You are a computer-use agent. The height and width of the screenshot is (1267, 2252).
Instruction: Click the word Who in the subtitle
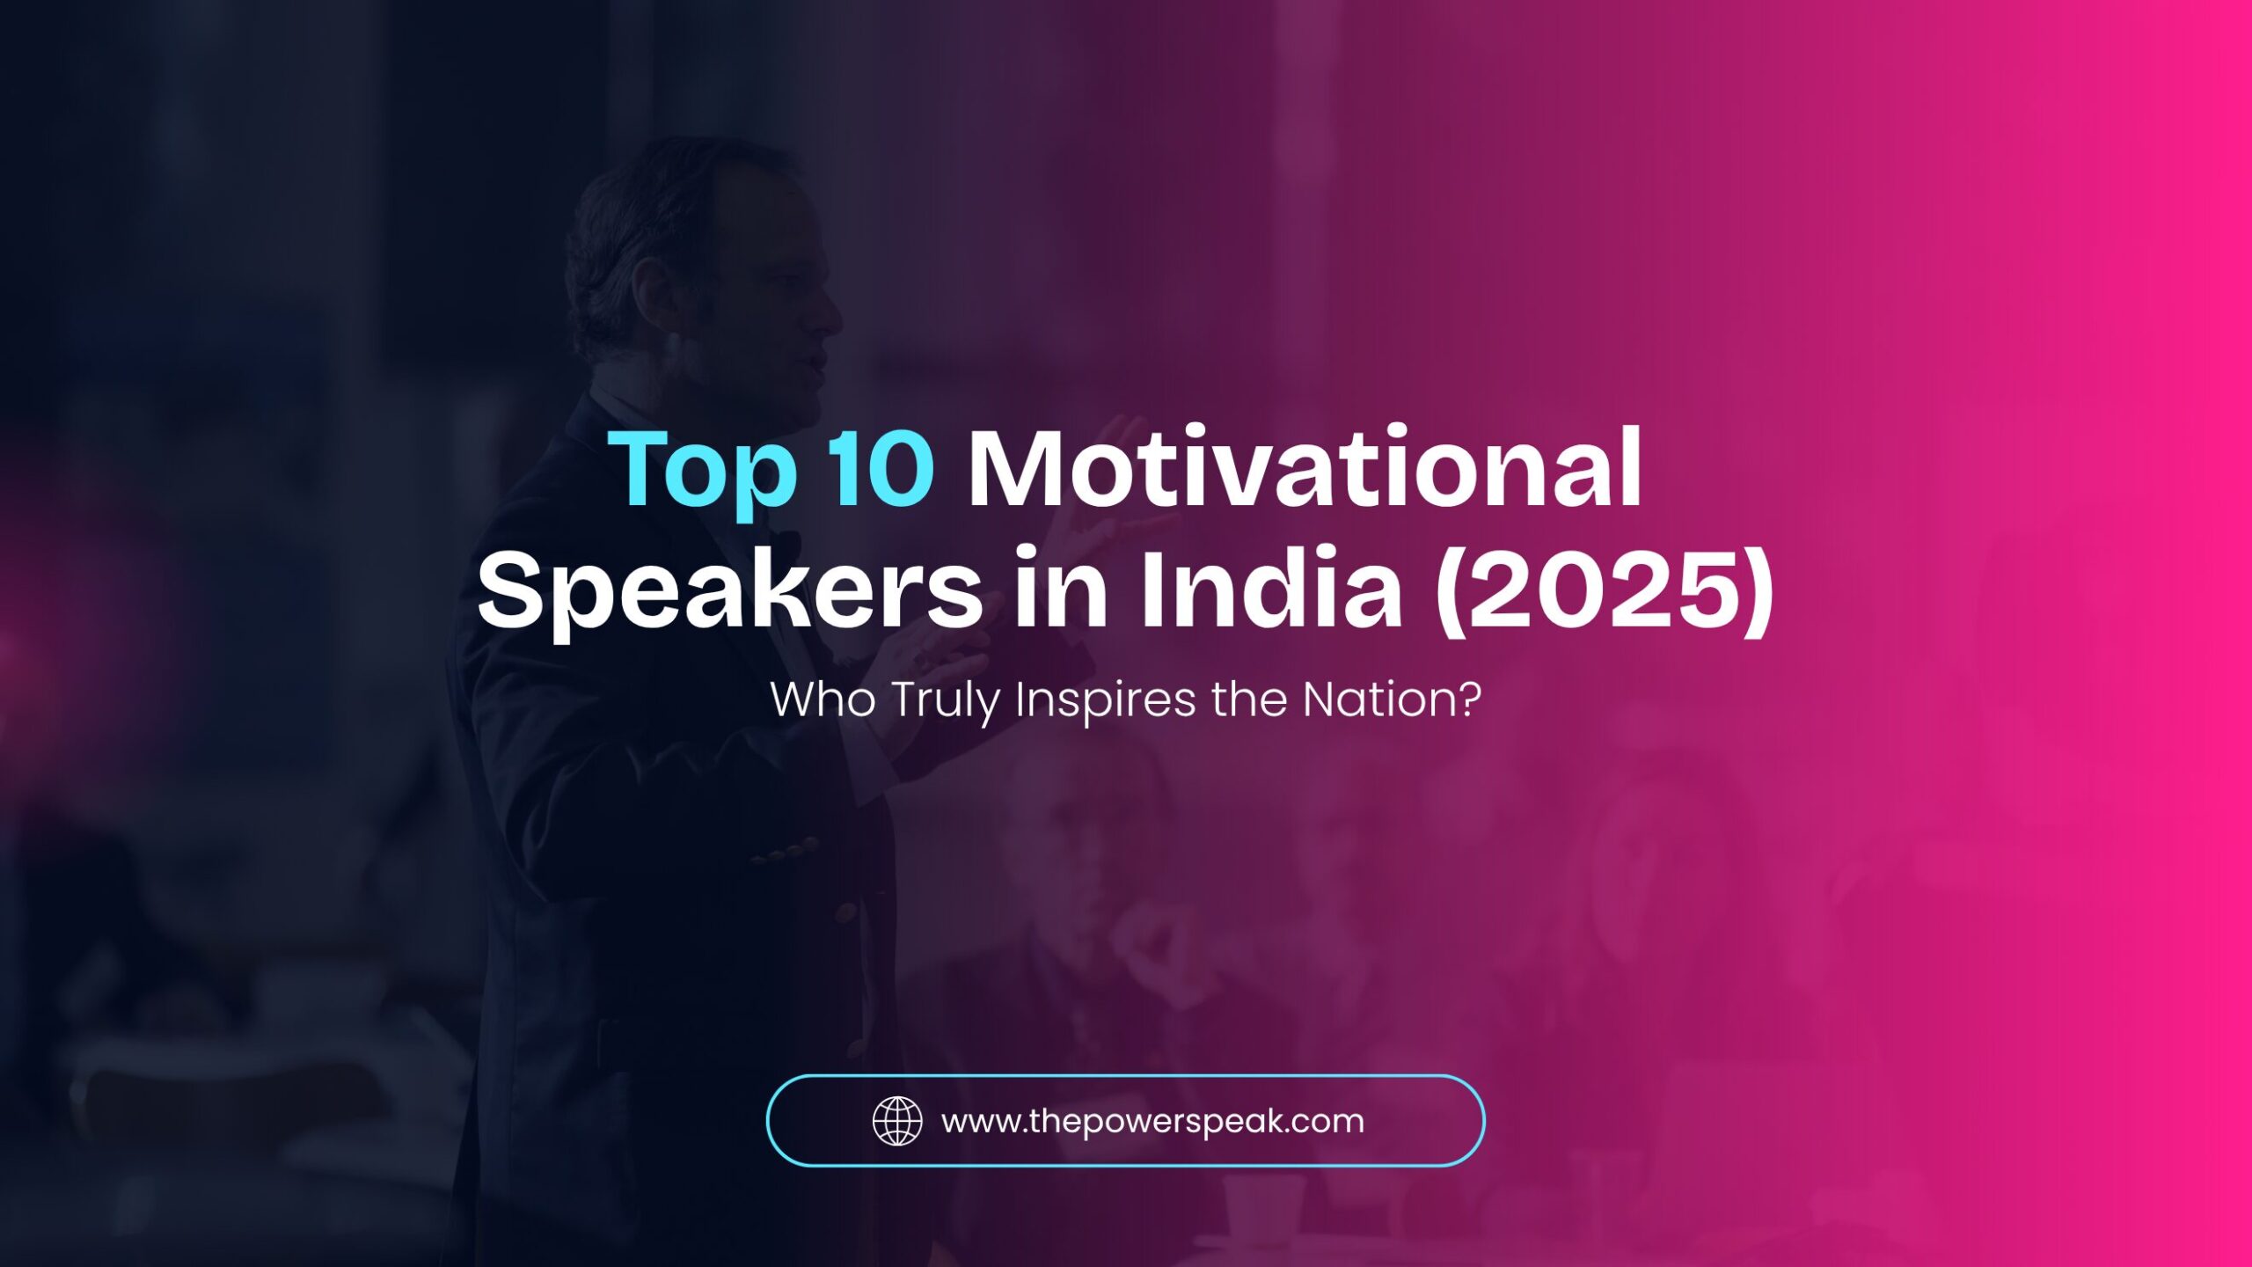point(823,700)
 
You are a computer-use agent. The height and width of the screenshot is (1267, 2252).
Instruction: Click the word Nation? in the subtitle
point(1392,700)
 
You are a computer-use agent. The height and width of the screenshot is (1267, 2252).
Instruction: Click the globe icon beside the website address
point(896,1121)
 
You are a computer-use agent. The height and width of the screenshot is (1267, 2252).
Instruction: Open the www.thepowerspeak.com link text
point(1152,1122)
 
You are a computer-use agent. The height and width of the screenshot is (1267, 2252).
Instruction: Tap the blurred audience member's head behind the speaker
point(1082,818)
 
